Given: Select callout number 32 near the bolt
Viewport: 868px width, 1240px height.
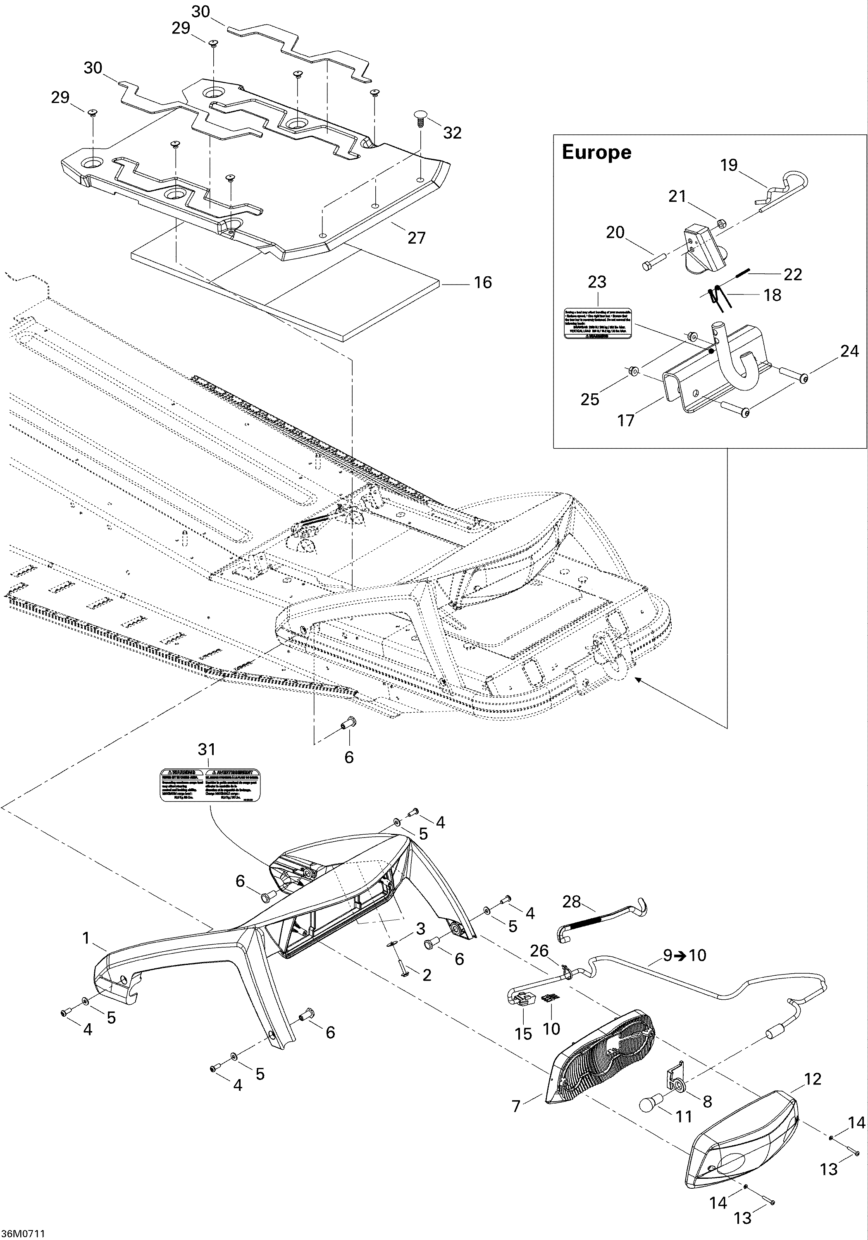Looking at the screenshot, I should [452, 133].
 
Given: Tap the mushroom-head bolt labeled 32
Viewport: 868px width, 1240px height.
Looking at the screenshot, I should [420, 117].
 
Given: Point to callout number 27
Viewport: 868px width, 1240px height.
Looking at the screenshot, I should [416, 238].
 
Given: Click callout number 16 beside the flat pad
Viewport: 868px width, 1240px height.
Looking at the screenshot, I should [483, 282].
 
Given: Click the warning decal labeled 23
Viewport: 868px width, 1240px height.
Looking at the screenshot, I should [598, 324].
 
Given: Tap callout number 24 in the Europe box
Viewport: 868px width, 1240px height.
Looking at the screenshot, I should [849, 351].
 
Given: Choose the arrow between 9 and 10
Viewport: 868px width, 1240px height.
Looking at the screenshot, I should [682, 955].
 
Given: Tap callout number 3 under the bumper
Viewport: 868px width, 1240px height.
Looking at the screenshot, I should [420, 929].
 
